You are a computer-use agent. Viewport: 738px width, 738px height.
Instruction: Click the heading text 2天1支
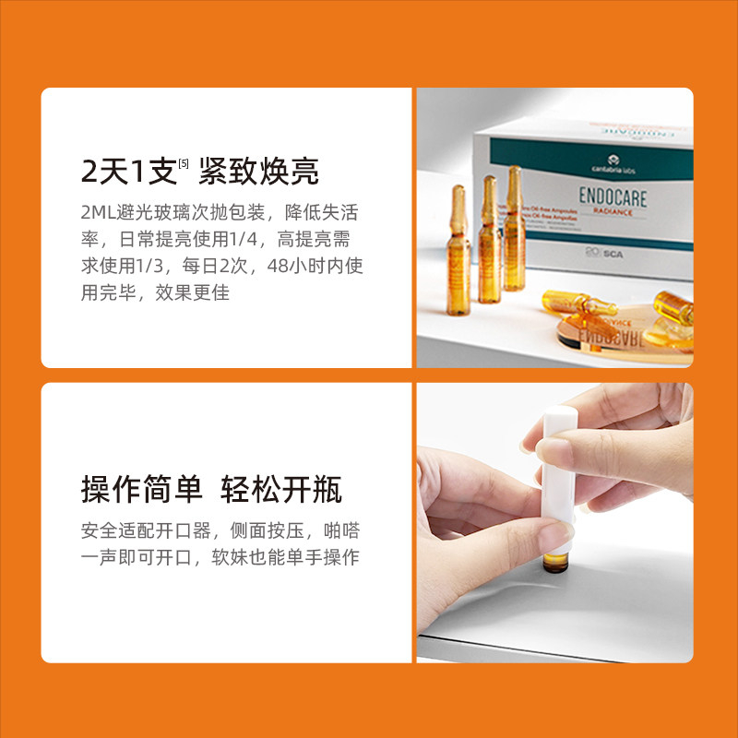128,173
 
